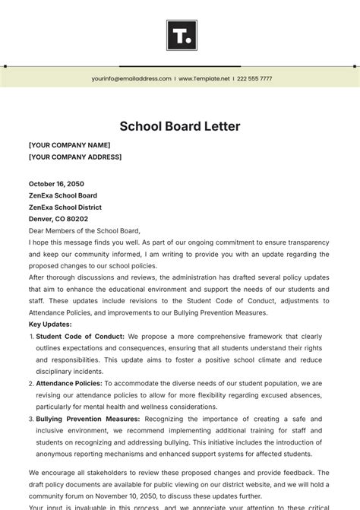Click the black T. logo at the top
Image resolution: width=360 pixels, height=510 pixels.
(181, 35)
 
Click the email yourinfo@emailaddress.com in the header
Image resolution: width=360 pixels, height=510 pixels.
(131, 78)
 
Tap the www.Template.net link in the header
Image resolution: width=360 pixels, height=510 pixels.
(204, 78)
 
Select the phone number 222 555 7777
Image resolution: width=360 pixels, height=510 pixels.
(254, 78)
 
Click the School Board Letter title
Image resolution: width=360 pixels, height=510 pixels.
(180, 126)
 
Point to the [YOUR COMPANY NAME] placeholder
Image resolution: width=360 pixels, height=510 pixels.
(69, 145)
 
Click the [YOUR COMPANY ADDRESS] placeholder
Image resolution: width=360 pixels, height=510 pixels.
(74, 157)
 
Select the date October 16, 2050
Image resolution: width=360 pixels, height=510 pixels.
(56, 184)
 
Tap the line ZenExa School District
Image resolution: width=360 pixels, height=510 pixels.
(65, 207)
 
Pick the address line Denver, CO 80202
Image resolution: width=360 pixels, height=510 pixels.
(58, 219)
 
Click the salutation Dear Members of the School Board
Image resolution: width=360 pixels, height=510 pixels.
(84, 230)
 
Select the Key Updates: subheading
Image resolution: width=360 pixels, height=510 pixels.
(50, 325)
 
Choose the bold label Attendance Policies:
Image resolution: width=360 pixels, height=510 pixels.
(69, 383)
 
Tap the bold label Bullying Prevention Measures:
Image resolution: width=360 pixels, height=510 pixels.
(87, 419)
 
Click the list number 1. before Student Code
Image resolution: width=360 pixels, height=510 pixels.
(31, 337)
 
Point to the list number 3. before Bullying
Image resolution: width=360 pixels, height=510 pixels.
(31, 419)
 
